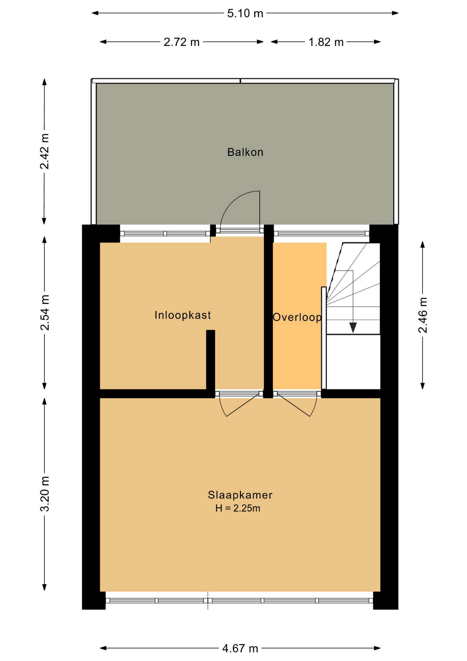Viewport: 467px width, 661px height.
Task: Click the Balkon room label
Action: click(x=245, y=152)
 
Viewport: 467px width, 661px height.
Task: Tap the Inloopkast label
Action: click(x=183, y=315)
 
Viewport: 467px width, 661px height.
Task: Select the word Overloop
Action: click(x=297, y=317)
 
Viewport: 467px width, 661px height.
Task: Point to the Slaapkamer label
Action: click(x=240, y=495)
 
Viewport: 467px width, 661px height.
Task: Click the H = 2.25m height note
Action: click(x=238, y=508)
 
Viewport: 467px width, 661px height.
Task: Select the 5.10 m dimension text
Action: click(x=245, y=13)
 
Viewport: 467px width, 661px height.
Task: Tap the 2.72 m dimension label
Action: click(x=182, y=42)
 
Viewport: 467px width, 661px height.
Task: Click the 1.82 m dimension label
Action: click(x=326, y=42)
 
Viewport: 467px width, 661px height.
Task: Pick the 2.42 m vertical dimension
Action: click(x=44, y=151)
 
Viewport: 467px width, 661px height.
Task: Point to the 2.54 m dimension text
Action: click(x=45, y=313)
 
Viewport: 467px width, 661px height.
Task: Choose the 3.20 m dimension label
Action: click(x=45, y=494)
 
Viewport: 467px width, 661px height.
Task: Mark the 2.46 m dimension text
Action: click(x=423, y=315)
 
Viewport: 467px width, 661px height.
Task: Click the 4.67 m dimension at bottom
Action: click(x=240, y=648)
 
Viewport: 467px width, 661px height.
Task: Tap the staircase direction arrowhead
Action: click(x=353, y=327)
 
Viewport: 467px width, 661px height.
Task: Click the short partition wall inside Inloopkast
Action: click(x=210, y=359)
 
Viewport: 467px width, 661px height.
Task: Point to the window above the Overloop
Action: click(x=322, y=233)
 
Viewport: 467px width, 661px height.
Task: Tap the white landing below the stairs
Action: click(x=353, y=361)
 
